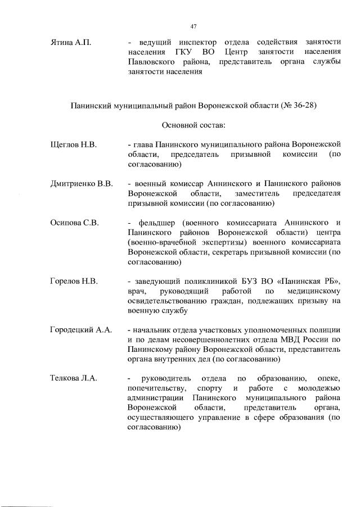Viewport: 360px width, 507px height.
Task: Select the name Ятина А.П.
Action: [x=70, y=42]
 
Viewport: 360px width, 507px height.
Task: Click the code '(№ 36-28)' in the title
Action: [x=298, y=105]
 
